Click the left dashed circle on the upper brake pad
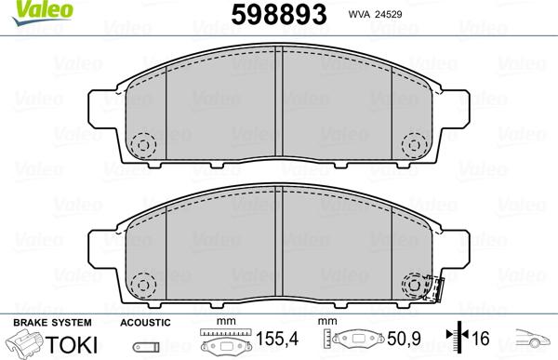[x=144, y=144]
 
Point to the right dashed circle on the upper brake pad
[x=414, y=144]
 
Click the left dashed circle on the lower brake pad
[x=144, y=284]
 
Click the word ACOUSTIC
[x=146, y=321]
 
